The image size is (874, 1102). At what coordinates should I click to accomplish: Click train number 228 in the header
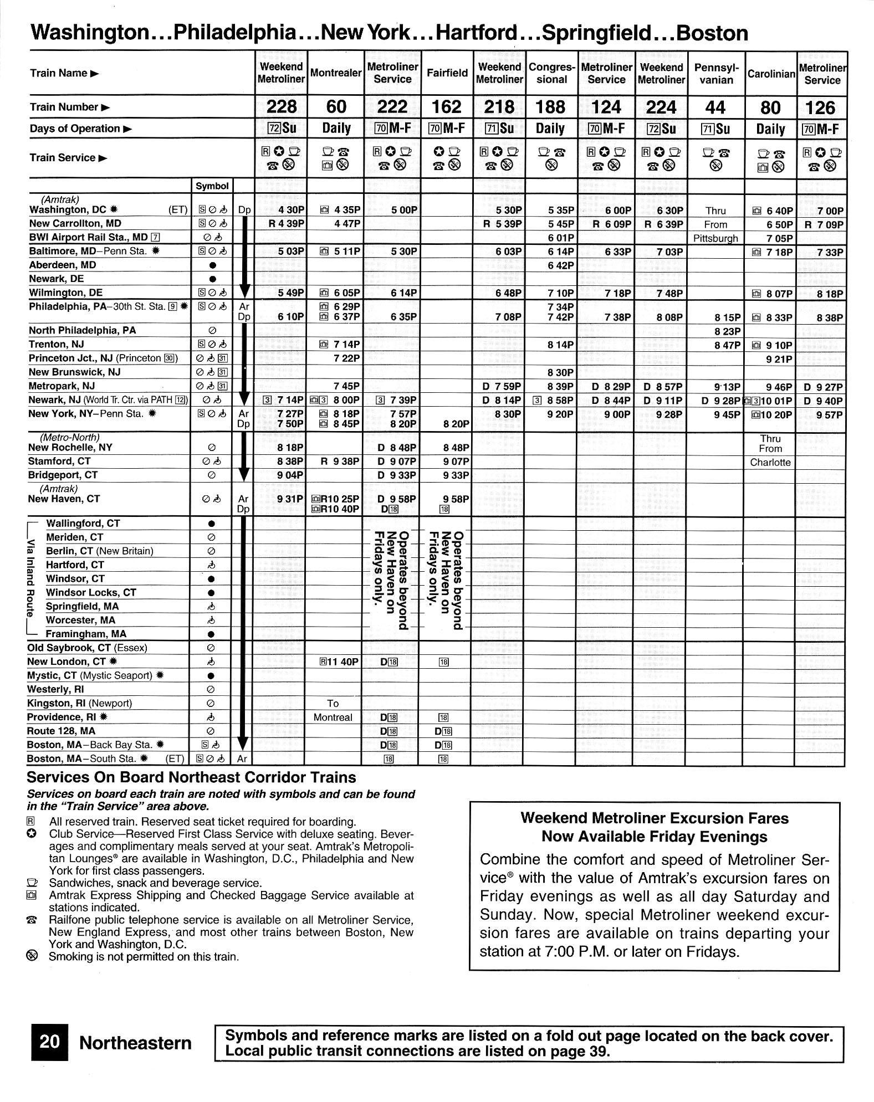[282, 106]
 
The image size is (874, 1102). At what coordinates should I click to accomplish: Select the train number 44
[717, 107]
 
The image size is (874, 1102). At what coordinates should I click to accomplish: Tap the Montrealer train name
[336, 73]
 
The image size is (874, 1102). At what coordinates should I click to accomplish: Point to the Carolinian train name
[771, 73]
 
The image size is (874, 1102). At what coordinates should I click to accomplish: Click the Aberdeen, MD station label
[62, 265]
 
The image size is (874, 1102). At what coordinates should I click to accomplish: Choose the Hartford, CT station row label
[75, 565]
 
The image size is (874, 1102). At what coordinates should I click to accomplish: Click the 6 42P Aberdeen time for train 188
[561, 265]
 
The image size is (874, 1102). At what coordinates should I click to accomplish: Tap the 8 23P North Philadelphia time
[727, 331]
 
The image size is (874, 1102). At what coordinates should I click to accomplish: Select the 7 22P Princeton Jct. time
[346, 358]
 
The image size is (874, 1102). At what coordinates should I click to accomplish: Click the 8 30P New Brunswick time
[561, 372]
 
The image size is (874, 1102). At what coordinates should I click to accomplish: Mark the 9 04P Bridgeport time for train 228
[290, 475]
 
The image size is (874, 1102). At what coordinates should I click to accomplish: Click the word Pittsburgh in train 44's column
[715, 238]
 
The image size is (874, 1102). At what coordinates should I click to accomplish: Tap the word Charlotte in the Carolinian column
[770, 463]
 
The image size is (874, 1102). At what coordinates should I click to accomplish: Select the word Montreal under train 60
[333, 717]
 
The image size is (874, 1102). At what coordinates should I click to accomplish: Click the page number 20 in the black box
[49, 1042]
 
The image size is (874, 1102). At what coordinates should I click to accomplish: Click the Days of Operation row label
[75, 129]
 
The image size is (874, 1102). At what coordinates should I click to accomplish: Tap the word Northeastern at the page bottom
[135, 1043]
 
